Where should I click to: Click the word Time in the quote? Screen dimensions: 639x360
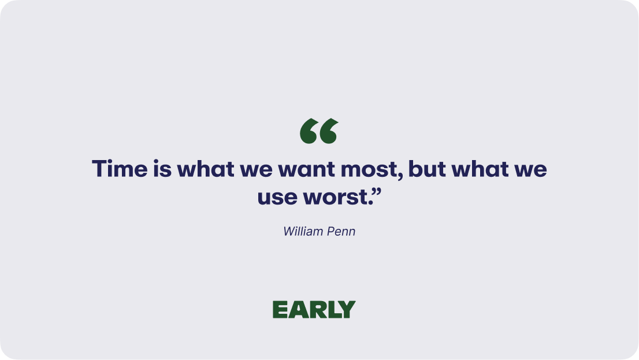(x=120, y=168)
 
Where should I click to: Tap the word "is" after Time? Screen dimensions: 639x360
(x=162, y=168)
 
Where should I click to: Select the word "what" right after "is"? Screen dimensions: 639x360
(x=206, y=168)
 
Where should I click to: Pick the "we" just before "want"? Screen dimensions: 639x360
(x=256, y=171)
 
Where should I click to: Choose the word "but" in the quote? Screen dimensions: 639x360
(x=427, y=168)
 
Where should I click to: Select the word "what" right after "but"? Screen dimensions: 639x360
(x=480, y=168)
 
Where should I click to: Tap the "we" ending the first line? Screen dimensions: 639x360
(x=530, y=171)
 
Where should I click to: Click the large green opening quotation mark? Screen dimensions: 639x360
(x=319, y=131)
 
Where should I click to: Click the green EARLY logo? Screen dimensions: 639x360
(x=314, y=310)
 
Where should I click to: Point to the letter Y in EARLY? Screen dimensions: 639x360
(x=347, y=310)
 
